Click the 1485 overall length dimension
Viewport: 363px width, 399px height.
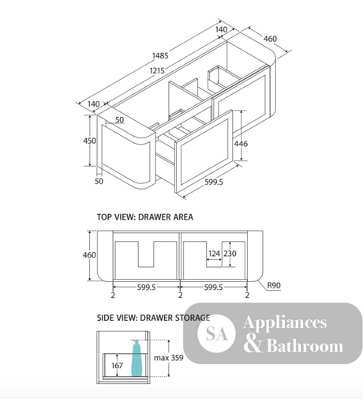click(x=160, y=55)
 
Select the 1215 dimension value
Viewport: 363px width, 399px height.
click(x=157, y=70)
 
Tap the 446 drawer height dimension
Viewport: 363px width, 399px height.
click(x=241, y=144)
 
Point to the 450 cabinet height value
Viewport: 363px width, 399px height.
click(x=90, y=141)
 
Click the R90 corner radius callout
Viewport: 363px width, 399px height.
click(x=274, y=285)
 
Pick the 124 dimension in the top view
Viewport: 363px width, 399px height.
click(x=214, y=254)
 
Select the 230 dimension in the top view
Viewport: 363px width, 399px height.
click(x=230, y=254)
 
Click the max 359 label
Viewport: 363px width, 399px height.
click(x=169, y=358)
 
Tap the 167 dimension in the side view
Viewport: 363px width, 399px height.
click(x=117, y=365)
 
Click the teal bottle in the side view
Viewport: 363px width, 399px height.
click(x=136, y=358)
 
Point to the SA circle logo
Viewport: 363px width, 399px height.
click(x=216, y=333)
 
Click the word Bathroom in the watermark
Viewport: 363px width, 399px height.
click(x=305, y=345)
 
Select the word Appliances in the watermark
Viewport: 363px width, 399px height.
click(x=285, y=323)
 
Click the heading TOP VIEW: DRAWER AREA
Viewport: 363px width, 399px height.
click(x=145, y=217)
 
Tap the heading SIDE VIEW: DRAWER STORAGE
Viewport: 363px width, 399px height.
click(x=153, y=318)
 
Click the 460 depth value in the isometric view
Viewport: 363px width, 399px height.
click(x=270, y=39)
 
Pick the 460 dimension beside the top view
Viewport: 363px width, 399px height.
click(x=89, y=255)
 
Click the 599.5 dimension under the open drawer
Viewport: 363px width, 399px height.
click(x=214, y=182)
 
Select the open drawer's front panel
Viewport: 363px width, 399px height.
click(x=204, y=151)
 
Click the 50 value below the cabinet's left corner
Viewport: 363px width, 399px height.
click(x=99, y=181)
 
